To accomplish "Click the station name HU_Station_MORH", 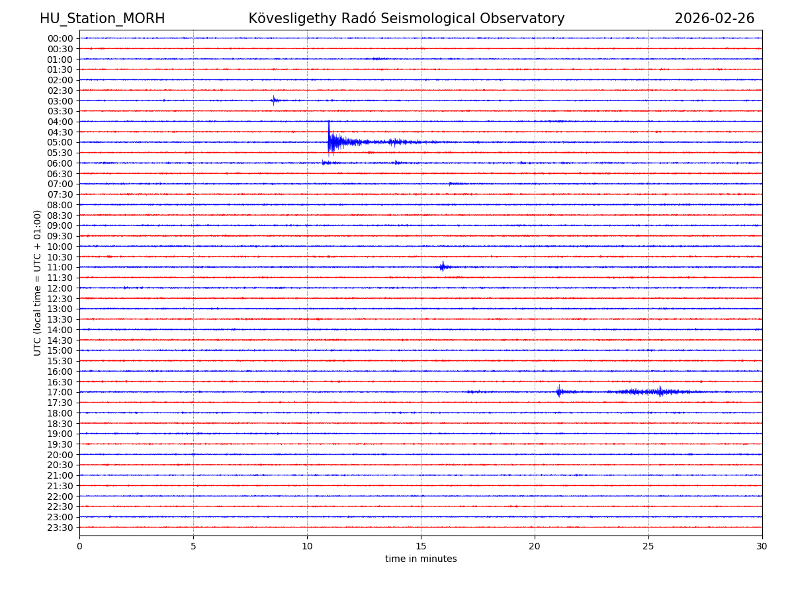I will pyautogui.click(x=102, y=19).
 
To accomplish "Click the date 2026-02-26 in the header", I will pyautogui.click(x=714, y=19).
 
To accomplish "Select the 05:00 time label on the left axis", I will pyautogui.click(x=60, y=142).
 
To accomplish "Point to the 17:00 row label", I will pyautogui.click(x=60, y=392).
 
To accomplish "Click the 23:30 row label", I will pyautogui.click(x=60, y=528).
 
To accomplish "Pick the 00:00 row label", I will pyautogui.click(x=60, y=38).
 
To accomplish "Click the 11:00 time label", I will pyautogui.click(x=60, y=267).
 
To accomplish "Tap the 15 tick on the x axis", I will pyautogui.click(x=421, y=546).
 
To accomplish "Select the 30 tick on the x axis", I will pyautogui.click(x=762, y=546).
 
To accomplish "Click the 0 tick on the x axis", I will pyautogui.click(x=79, y=546).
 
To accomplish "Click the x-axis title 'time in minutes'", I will pyautogui.click(x=421, y=559).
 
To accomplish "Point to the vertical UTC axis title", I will pyautogui.click(x=38, y=282).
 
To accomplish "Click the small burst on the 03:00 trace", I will pyautogui.click(x=273, y=100).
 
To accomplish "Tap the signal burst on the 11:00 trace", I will pyautogui.click(x=442, y=266).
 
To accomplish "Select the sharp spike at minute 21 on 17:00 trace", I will pyautogui.click(x=558, y=391).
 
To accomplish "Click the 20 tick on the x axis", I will pyautogui.click(x=535, y=546).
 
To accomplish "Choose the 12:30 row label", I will pyautogui.click(x=60, y=299).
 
